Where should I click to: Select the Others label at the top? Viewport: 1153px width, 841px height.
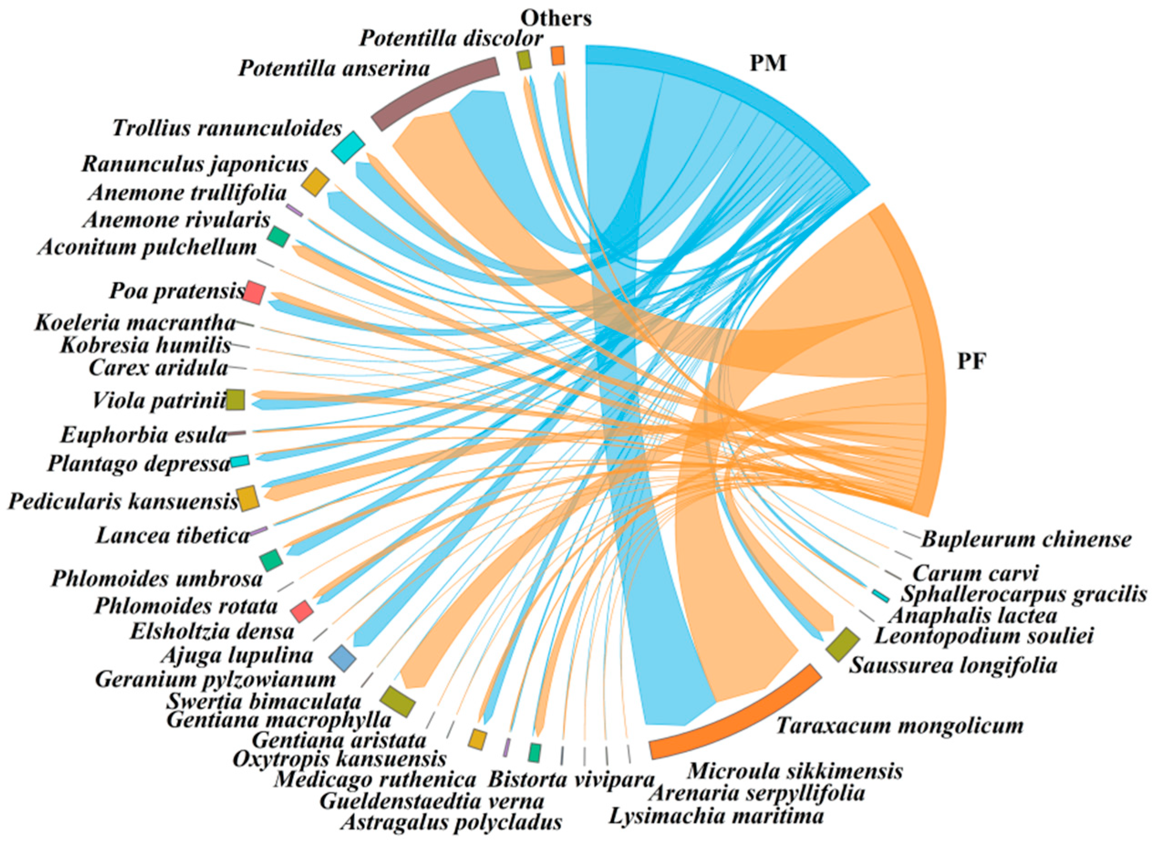[556, 18]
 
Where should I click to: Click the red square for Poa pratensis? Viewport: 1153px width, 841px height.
[254, 293]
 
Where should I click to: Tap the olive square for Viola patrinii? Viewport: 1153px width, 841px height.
[236, 399]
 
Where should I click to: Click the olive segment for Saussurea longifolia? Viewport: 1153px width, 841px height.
[842, 644]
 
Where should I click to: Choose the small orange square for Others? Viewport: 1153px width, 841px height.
[558, 56]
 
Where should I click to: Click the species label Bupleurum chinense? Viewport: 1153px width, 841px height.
[1026, 539]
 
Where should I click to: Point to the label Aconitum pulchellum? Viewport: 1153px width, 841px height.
[147, 248]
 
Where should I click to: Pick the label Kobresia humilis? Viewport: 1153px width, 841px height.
[145, 346]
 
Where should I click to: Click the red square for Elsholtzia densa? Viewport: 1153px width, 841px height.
[302, 610]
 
